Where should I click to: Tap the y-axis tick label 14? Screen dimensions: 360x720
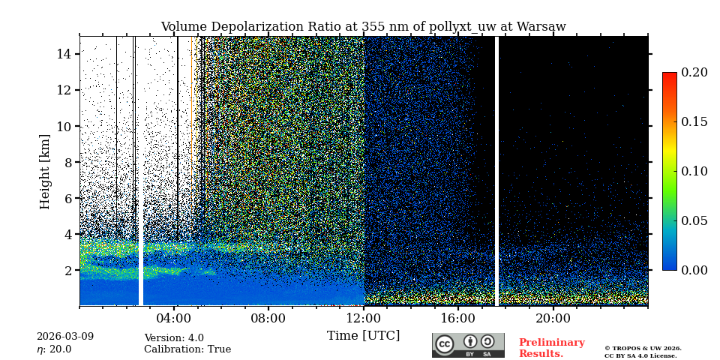(x=63, y=54)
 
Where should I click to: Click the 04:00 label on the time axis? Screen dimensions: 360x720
(x=174, y=317)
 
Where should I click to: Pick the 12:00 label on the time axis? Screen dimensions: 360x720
(x=364, y=317)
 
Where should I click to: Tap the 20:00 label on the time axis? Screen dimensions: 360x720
(x=553, y=317)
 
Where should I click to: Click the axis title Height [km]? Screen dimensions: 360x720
(x=45, y=171)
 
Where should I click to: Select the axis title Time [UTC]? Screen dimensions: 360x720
(x=363, y=335)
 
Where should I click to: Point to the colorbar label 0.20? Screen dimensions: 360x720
(x=694, y=73)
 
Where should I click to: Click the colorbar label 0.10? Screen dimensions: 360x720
(x=694, y=171)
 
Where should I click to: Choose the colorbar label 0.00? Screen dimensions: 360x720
(x=694, y=270)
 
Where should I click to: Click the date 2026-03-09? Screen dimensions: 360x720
(x=65, y=337)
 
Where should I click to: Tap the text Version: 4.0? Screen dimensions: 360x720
(x=174, y=338)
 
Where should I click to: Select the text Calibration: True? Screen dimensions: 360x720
(x=187, y=349)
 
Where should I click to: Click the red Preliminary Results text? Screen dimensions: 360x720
(x=551, y=348)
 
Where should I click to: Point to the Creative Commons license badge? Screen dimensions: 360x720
(x=468, y=345)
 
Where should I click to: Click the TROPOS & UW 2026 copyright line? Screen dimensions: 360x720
(x=643, y=349)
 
